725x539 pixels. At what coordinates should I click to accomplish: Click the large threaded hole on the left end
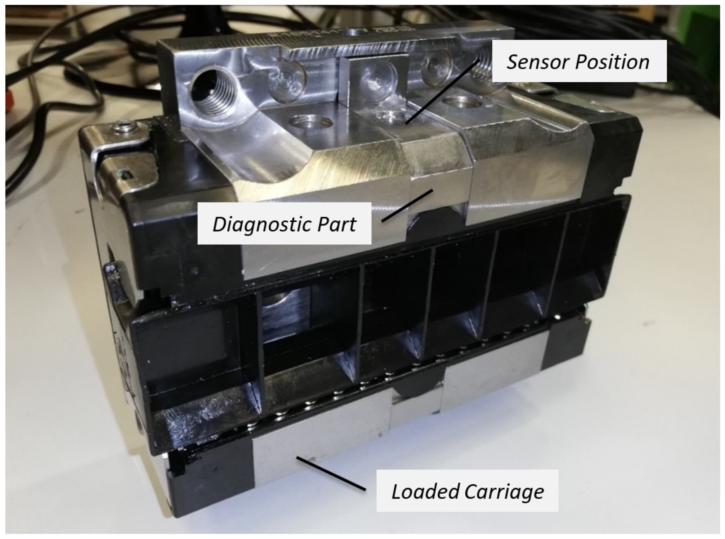click(x=213, y=88)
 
